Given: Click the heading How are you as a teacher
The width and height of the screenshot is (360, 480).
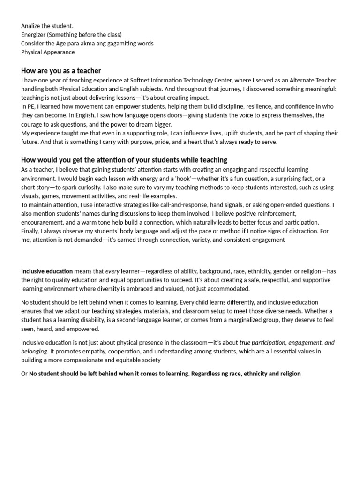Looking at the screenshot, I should (x=61, y=71).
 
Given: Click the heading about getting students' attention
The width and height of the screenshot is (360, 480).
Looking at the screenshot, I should (x=124, y=160).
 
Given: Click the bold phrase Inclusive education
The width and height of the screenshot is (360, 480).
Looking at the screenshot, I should (x=47, y=271).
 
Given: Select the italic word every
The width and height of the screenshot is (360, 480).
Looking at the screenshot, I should (x=112, y=271).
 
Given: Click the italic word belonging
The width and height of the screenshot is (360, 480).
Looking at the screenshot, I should (x=34, y=351).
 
